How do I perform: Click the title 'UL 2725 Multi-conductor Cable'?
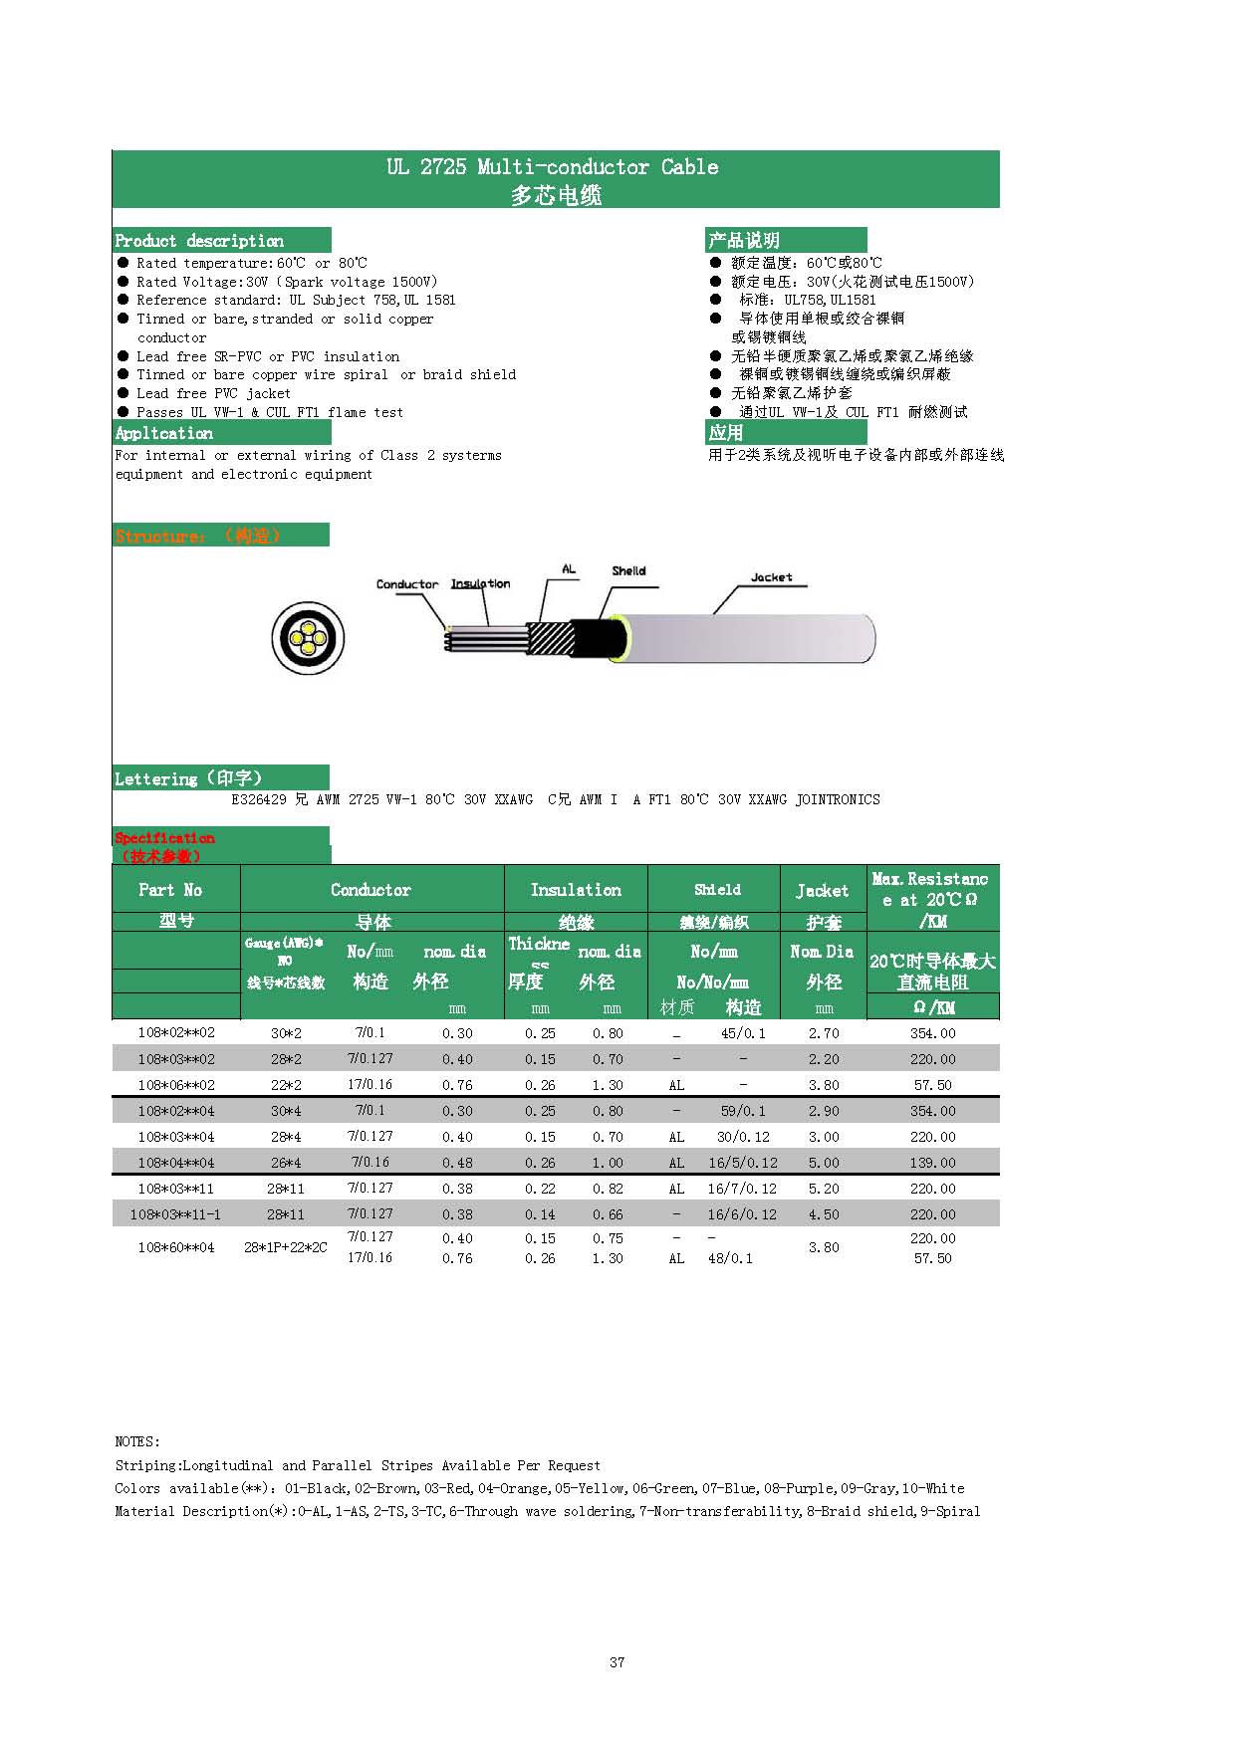[x=553, y=167]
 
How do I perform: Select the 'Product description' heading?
[x=199, y=241]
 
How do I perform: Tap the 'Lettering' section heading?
[x=188, y=778]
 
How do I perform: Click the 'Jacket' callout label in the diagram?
[x=771, y=577]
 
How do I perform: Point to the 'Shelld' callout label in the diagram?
[x=628, y=570]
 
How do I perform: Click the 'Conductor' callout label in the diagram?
[x=406, y=584]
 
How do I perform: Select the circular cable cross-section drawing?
[x=309, y=638]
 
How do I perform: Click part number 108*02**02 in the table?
[x=176, y=1033]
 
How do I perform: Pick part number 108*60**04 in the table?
[x=176, y=1247]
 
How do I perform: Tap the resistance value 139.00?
[x=932, y=1163]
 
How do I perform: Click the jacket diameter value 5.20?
[x=824, y=1189]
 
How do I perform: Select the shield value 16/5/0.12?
[x=743, y=1163]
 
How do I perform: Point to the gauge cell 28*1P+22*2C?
[x=286, y=1247]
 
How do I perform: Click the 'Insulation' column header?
[x=576, y=890]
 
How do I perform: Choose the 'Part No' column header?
[x=170, y=890]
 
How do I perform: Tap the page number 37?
[x=618, y=1662]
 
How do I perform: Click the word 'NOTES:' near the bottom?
[x=137, y=1441]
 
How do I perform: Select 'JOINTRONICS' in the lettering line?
[x=838, y=799]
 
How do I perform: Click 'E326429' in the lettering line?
[x=259, y=799]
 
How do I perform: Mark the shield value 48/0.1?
[x=730, y=1258]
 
